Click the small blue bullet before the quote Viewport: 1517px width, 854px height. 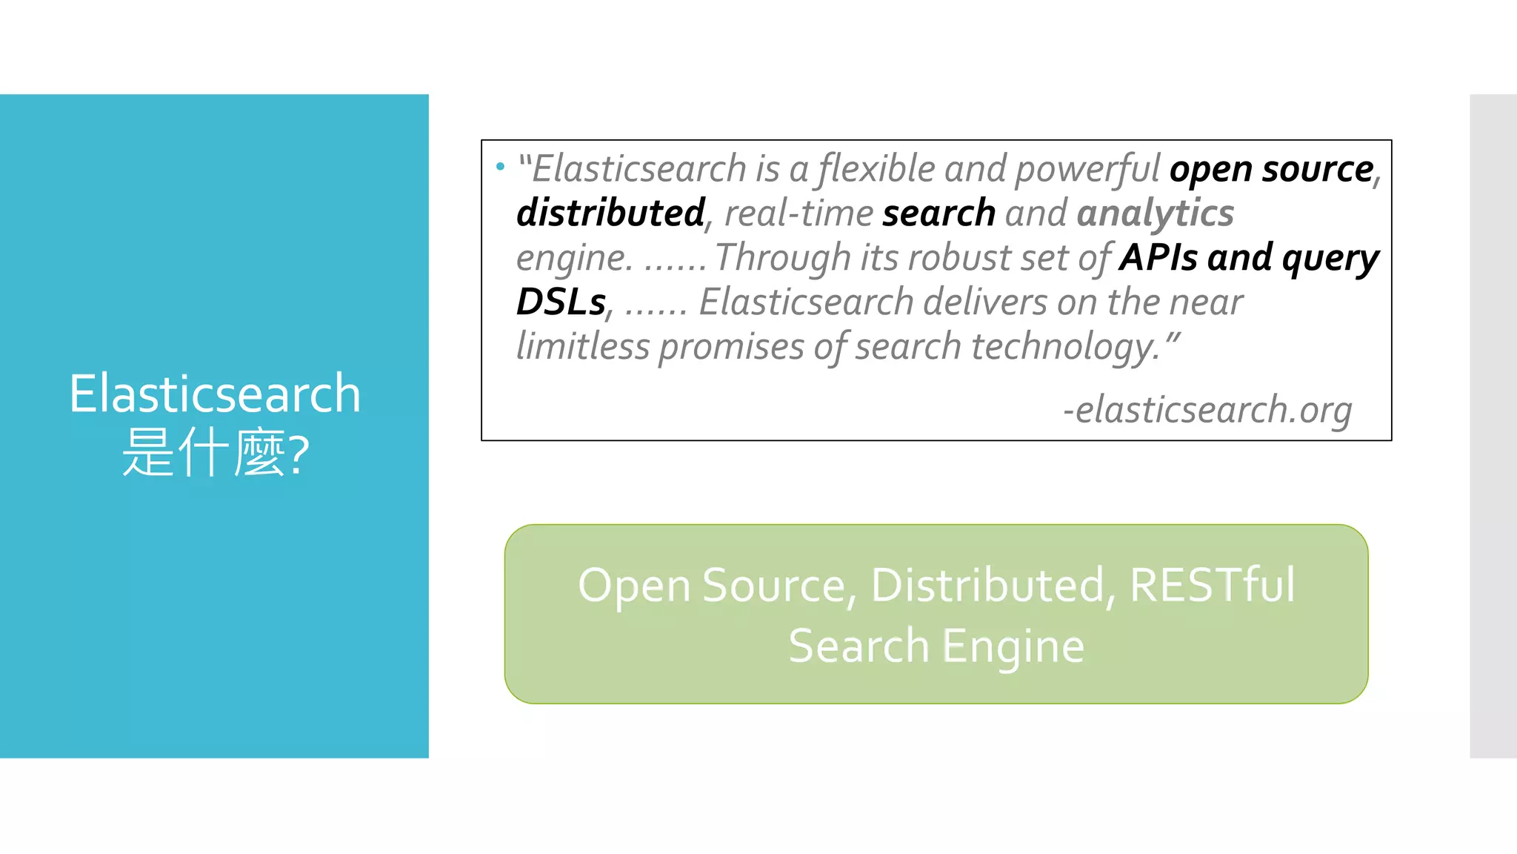point(500,167)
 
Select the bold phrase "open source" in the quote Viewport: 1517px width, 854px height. point(1271,170)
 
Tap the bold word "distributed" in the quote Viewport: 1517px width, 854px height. point(610,213)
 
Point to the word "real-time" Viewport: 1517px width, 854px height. point(798,213)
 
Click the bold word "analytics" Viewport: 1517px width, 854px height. point(1155,213)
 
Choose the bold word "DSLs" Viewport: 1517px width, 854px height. point(561,302)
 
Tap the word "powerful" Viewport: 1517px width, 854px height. point(1087,170)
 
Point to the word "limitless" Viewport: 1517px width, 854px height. point(582,346)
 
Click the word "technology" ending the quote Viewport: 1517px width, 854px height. point(1065,346)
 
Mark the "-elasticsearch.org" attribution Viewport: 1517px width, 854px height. point(1207,410)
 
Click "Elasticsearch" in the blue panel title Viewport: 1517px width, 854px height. point(215,394)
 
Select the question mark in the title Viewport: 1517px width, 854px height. point(298,454)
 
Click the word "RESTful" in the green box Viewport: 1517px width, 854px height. point(1212,585)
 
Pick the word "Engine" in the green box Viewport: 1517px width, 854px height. point(1013,646)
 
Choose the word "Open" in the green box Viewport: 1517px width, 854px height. point(634,586)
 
